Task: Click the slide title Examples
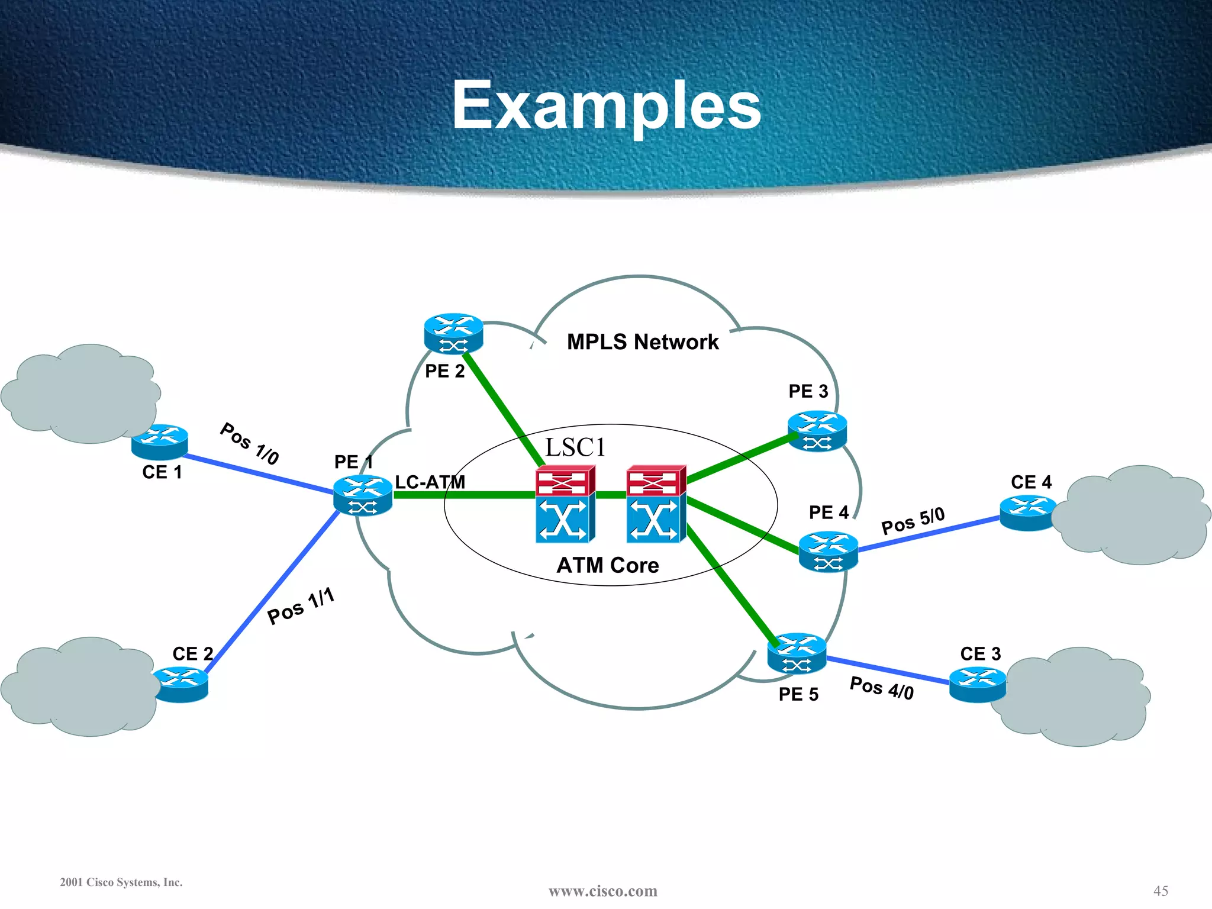point(607,105)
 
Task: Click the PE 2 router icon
point(453,334)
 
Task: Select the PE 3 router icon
point(817,431)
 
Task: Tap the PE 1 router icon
point(362,495)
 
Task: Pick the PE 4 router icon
point(828,552)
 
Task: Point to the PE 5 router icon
point(797,653)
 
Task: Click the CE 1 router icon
point(160,441)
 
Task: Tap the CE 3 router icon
point(977,685)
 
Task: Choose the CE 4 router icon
point(1028,513)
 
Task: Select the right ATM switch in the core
point(656,504)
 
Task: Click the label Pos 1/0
point(249,444)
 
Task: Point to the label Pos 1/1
point(301,606)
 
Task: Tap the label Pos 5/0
point(913,521)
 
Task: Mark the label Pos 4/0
point(881,688)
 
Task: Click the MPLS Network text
point(643,342)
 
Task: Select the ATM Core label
point(608,565)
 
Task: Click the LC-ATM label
point(430,482)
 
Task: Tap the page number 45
point(1161,891)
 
